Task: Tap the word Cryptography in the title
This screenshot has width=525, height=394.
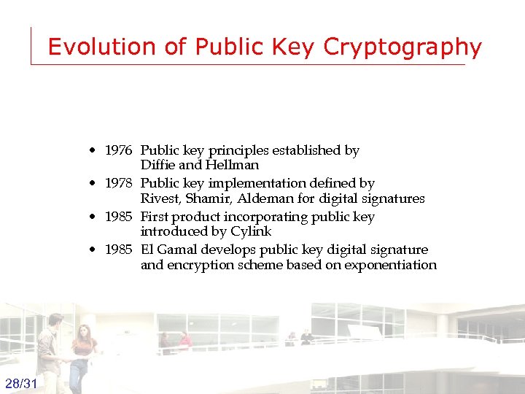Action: pos(402,47)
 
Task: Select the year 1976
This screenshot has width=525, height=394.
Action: pos(118,150)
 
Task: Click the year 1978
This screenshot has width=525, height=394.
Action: pos(118,183)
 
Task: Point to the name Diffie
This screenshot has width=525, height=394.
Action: pos(157,165)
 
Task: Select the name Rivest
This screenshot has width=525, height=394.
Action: pos(159,198)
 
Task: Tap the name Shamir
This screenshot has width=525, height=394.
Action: pos(205,198)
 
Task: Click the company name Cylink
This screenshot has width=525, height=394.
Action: pos(250,231)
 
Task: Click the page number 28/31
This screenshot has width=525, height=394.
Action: pos(22,384)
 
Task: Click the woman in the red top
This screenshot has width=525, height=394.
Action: pos(82,350)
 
